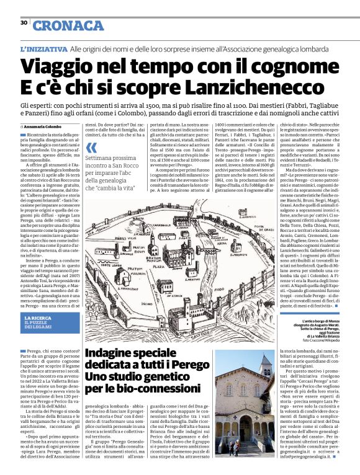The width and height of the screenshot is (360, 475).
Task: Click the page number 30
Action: (24, 22)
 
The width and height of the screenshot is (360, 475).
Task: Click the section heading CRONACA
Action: (68, 25)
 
